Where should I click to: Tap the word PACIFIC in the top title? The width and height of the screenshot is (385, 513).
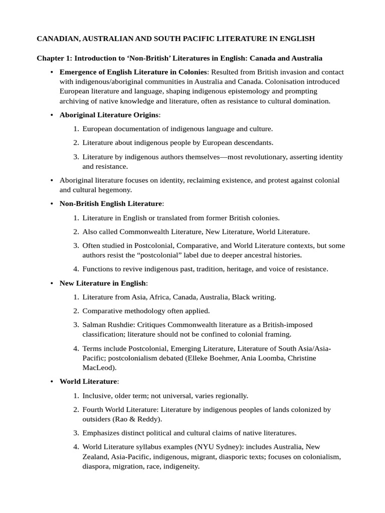point(196,38)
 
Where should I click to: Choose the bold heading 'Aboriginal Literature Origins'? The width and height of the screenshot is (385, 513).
point(108,115)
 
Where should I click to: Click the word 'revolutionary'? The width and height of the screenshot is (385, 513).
point(264,157)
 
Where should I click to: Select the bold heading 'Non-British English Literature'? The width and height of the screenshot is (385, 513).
point(111,204)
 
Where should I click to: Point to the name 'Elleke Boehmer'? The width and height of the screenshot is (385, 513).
point(238,358)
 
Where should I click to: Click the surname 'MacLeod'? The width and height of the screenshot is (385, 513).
point(98,367)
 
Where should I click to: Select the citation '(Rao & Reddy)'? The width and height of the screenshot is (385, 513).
point(141,419)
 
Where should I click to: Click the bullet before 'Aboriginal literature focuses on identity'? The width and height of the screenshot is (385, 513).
point(52,180)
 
